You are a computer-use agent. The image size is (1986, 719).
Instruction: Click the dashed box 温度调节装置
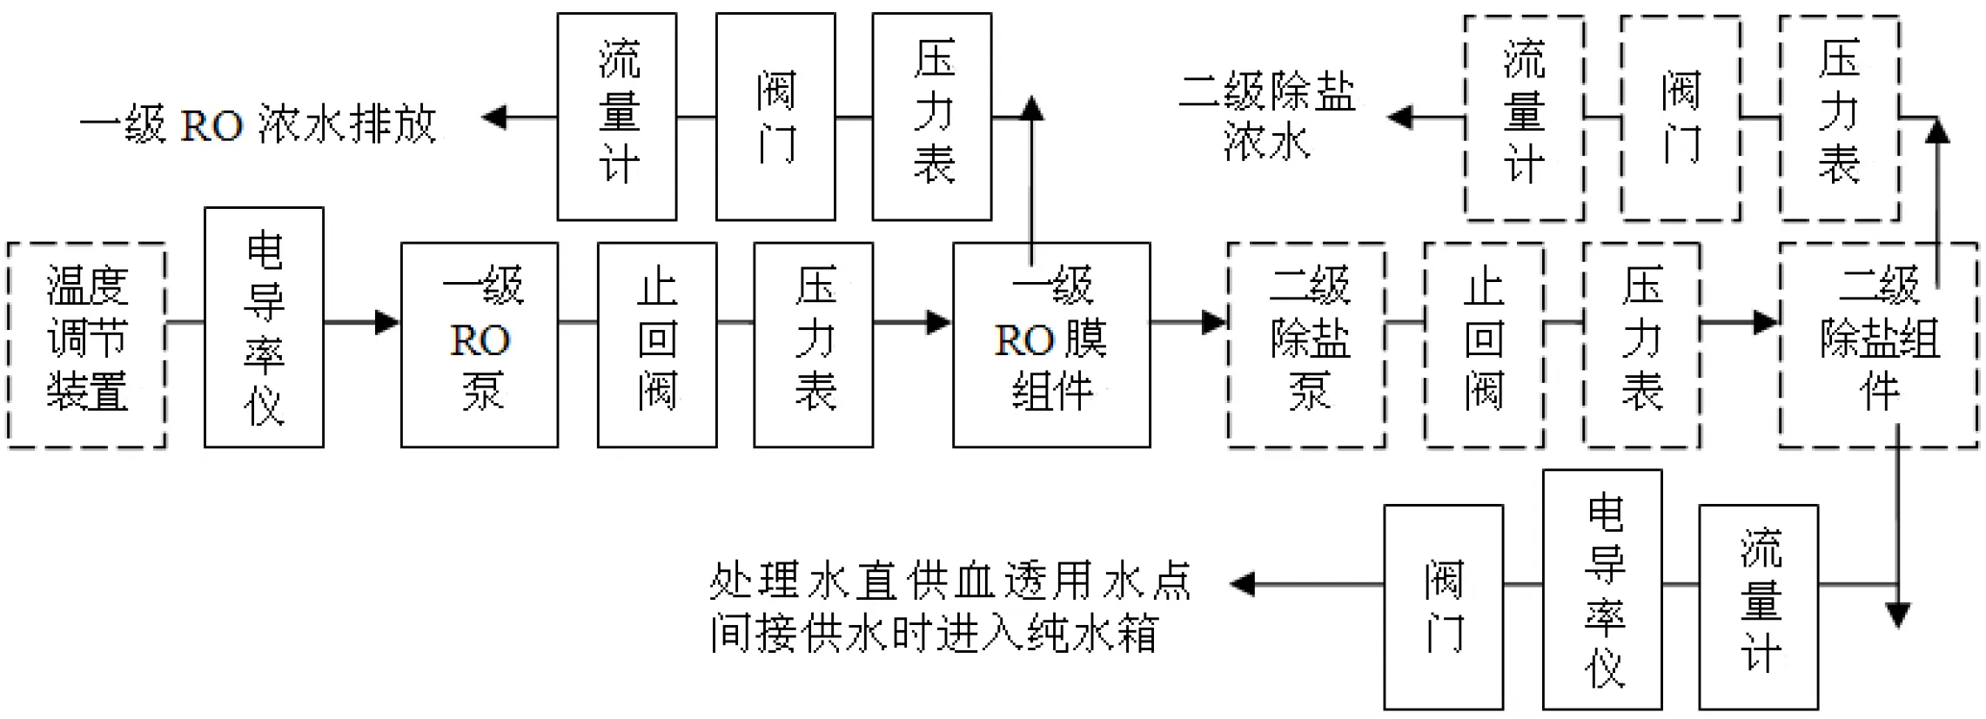(x=86, y=345)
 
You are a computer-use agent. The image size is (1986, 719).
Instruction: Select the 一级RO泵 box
(x=480, y=345)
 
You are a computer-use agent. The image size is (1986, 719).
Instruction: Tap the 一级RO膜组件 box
(x=1051, y=345)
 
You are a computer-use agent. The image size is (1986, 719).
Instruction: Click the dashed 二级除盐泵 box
(x=1306, y=345)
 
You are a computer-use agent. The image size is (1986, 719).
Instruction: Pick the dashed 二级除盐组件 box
(x=1878, y=345)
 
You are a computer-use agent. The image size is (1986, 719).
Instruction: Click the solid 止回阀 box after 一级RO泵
(x=657, y=345)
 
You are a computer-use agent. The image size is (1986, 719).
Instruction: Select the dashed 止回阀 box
(x=1484, y=345)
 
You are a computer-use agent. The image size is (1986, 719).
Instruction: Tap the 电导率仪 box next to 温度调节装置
(x=264, y=327)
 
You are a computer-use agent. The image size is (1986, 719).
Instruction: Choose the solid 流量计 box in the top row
(x=617, y=116)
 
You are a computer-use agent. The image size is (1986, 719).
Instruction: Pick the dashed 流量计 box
(x=1524, y=118)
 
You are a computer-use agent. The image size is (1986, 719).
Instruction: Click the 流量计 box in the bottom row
(x=1759, y=606)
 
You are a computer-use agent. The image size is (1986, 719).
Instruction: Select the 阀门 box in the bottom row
(x=1444, y=606)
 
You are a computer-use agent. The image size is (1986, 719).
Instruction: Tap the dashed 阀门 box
(x=1681, y=118)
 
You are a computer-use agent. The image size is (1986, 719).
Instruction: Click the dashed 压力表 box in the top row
(x=1839, y=118)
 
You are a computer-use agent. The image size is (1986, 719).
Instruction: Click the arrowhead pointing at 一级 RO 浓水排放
(x=494, y=117)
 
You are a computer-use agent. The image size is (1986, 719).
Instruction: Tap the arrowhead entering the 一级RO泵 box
(x=386, y=322)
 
